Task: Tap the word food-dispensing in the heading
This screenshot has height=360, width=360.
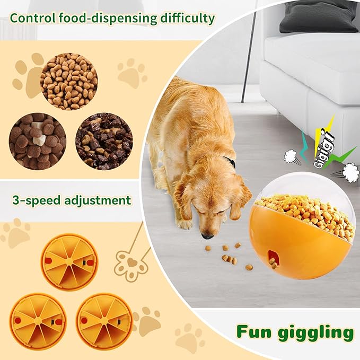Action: (x=106, y=18)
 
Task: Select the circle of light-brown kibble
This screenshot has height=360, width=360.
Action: (x=68, y=81)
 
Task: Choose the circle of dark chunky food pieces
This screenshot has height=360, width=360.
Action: (x=104, y=141)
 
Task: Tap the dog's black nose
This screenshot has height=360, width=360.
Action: (x=207, y=234)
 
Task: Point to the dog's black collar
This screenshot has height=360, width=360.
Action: (x=230, y=162)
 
